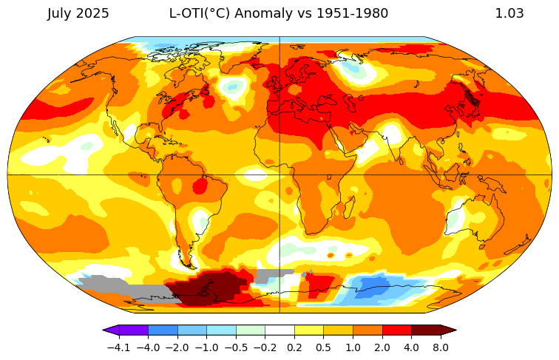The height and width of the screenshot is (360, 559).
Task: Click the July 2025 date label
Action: point(78,13)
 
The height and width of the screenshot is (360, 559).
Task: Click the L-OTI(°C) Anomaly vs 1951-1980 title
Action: point(279,13)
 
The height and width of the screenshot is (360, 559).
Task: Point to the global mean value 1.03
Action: point(509,13)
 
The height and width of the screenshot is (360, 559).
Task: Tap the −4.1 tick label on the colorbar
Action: point(119,347)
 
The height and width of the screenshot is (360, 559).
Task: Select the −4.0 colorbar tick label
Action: point(148,347)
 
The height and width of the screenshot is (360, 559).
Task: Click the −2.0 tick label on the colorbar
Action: point(177,347)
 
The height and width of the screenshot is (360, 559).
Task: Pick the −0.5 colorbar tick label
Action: point(236,347)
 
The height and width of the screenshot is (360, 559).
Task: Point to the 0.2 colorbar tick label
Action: point(294,347)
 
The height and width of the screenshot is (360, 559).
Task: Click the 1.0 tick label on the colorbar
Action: point(353,347)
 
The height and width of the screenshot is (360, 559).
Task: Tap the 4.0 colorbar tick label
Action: point(411,347)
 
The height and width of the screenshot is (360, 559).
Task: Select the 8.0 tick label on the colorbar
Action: point(441,347)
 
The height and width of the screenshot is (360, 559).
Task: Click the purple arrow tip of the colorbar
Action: point(108,330)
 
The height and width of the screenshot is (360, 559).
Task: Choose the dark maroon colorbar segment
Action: point(426,330)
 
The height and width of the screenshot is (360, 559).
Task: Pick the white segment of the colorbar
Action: point(279,330)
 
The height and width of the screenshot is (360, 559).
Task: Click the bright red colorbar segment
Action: point(396,330)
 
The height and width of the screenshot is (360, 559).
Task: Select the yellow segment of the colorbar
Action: point(309,330)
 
